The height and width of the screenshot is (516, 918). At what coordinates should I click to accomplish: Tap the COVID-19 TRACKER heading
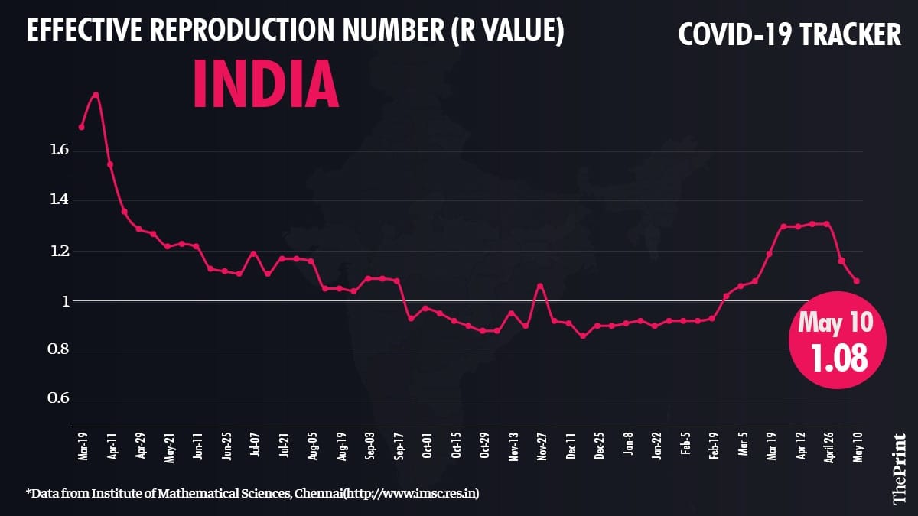pyautogui.click(x=789, y=34)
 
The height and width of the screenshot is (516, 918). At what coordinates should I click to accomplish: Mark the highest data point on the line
pyautogui.click(x=96, y=95)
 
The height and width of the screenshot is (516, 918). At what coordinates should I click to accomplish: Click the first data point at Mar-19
pyautogui.click(x=81, y=127)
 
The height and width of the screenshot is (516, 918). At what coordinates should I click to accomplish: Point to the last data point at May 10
pyautogui.click(x=856, y=281)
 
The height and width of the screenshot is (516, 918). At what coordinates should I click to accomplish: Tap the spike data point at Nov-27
pyautogui.click(x=540, y=286)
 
